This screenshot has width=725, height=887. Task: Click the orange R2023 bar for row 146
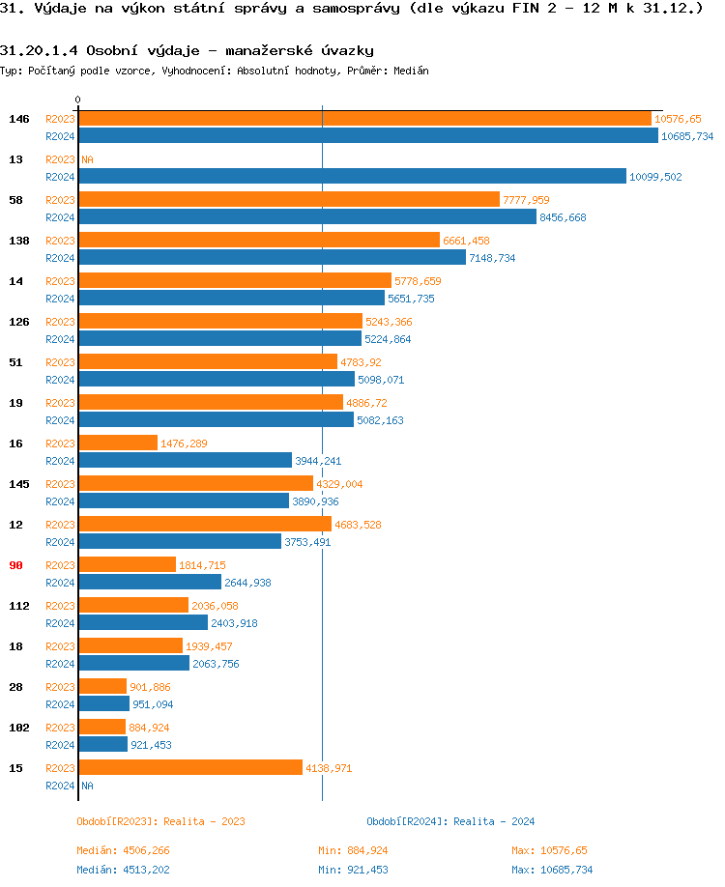point(364,119)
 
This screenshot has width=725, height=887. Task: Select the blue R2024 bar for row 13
point(352,177)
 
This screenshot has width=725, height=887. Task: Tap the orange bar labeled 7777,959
point(289,200)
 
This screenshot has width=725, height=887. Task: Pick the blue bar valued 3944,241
point(185,461)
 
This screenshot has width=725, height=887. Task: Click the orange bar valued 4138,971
point(190,767)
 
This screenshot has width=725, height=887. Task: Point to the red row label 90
point(15,565)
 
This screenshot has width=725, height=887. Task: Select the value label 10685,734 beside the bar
point(687,137)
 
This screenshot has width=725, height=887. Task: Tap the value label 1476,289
point(184,443)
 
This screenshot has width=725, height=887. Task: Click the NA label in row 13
point(87,159)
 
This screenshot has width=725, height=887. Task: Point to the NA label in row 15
point(87,786)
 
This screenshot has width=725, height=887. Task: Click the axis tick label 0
point(78,100)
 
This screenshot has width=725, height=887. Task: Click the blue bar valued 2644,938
point(150,583)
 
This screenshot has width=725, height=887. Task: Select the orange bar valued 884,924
point(101,727)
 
